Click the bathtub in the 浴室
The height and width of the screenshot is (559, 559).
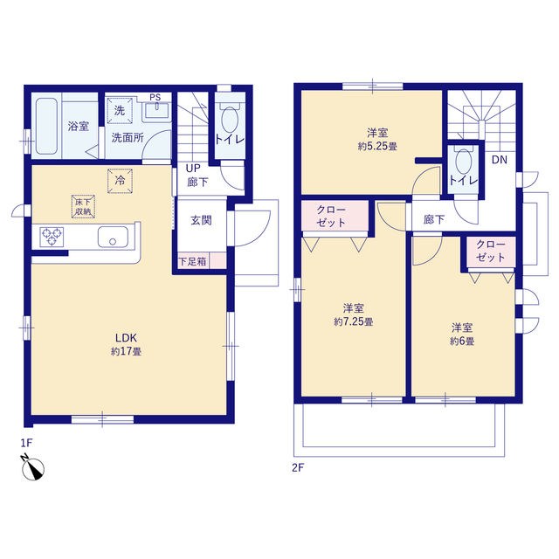[x=46, y=126]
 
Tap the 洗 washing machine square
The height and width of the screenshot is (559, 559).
[x=120, y=111]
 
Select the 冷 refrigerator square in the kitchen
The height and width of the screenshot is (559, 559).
[x=121, y=181]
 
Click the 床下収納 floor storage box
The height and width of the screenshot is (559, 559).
[x=83, y=206]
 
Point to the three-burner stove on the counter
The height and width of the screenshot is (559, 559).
[x=52, y=237]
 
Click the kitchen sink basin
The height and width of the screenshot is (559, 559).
[x=113, y=237]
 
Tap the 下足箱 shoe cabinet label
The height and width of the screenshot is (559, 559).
[x=192, y=261]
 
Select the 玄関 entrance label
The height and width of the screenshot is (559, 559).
[x=202, y=220]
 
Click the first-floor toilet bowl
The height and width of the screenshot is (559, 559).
[x=230, y=119]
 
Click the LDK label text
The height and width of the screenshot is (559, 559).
[x=126, y=338]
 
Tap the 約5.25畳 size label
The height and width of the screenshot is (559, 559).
[x=377, y=146]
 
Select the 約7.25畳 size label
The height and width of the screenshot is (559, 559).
[x=354, y=321]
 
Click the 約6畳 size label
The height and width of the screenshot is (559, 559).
[x=462, y=342]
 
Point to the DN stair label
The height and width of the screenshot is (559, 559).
[x=499, y=160]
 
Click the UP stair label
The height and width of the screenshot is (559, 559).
[x=193, y=168]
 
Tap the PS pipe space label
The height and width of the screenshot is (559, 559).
[x=155, y=97]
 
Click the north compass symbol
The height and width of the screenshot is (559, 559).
[x=32, y=468]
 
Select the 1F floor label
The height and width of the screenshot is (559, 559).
[x=26, y=443]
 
